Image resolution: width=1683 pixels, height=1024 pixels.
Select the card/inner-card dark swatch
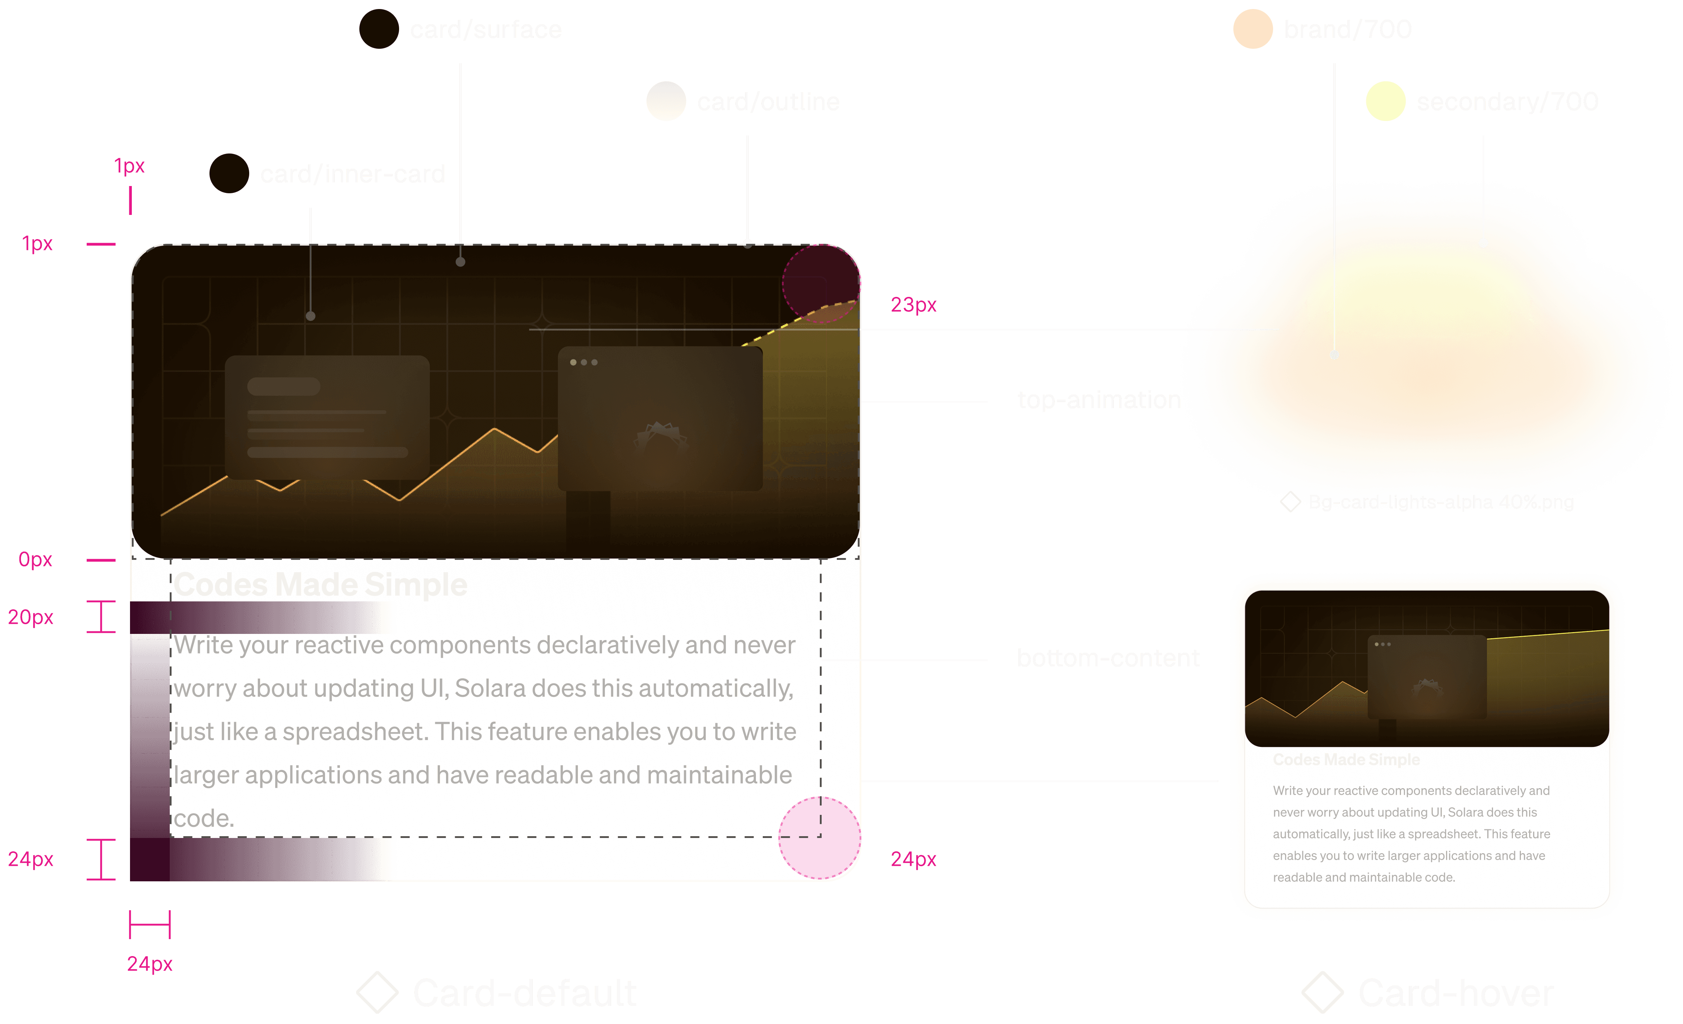(x=229, y=173)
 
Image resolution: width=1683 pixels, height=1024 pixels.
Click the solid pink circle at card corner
(x=819, y=838)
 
